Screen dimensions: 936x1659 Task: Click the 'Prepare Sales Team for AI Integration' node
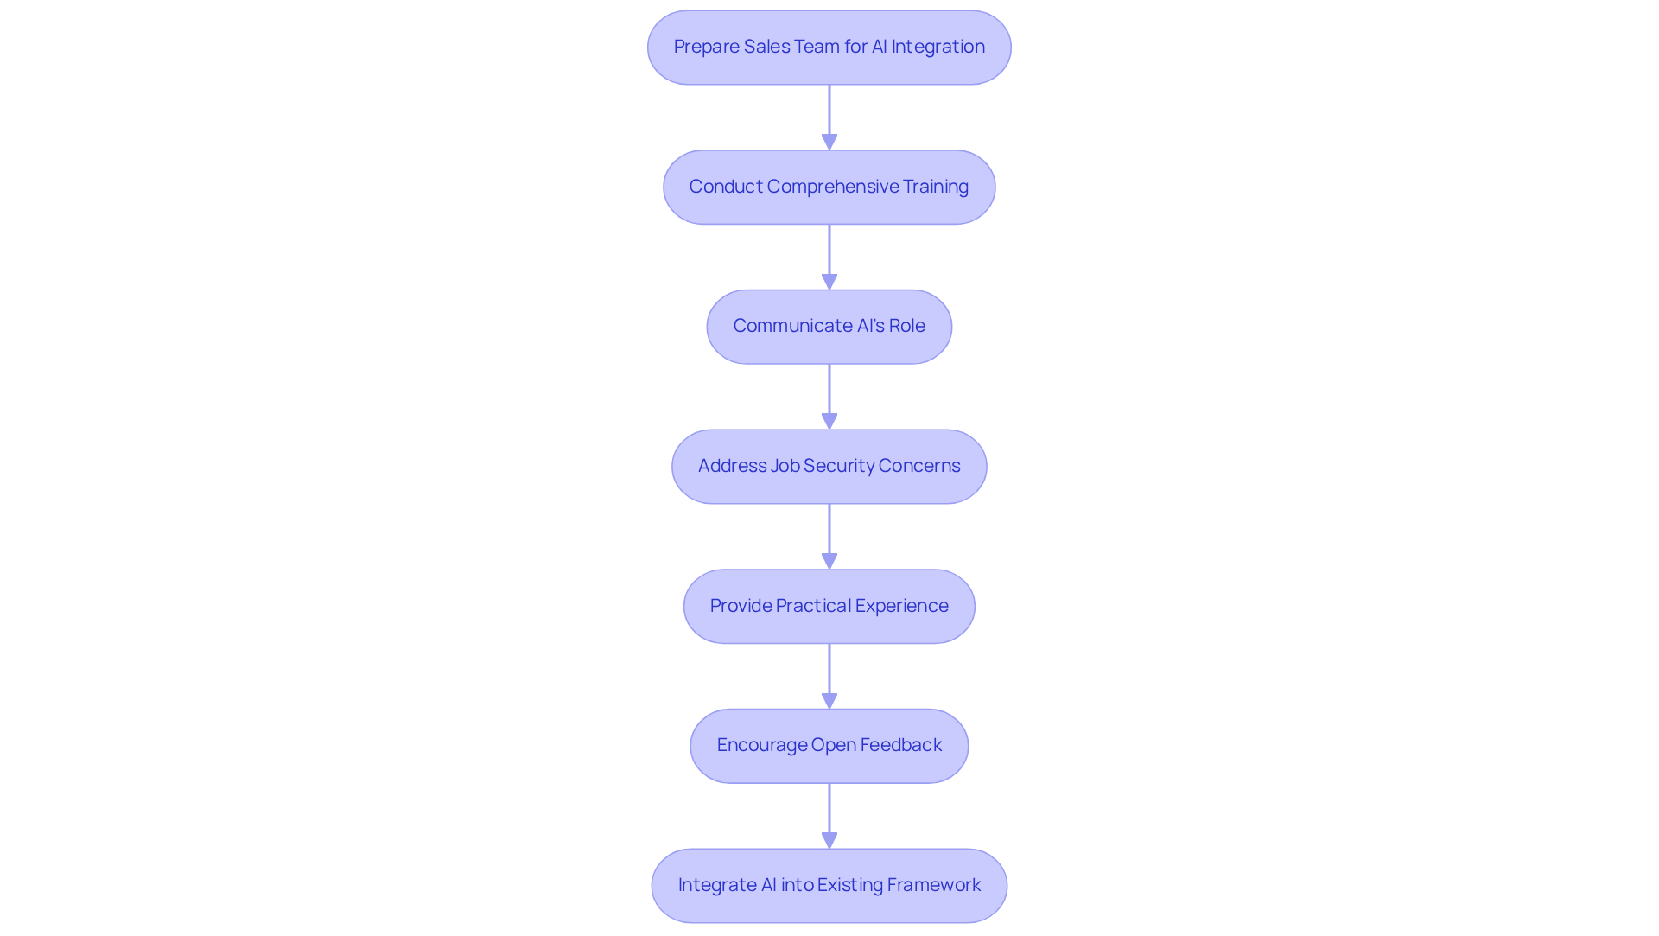coord(829,48)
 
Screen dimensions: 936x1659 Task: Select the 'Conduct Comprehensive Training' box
coord(829,187)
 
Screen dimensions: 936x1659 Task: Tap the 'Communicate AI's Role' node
coord(829,327)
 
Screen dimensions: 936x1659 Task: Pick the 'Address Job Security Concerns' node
coord(829,467)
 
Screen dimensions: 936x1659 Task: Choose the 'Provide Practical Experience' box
coord(829,606)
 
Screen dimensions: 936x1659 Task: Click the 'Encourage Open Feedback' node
coord(829,746)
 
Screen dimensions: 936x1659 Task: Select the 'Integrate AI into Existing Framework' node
coord(829,885)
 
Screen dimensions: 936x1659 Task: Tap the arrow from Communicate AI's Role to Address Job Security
coord(829,396)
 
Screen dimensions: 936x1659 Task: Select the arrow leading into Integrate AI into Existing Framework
coord(829,815)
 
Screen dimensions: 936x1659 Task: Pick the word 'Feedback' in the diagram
coord(900,745)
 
